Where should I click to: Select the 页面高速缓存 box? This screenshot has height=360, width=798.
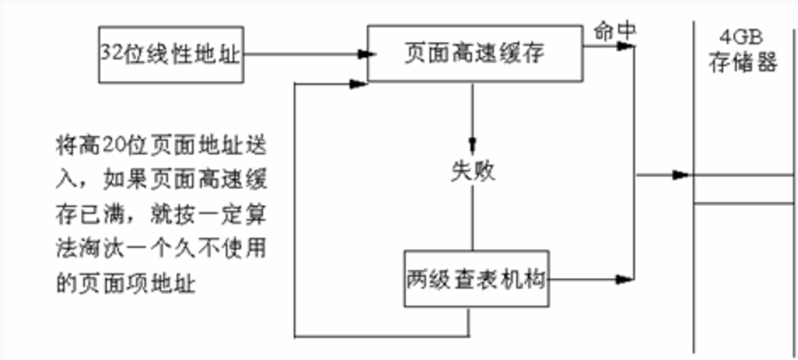coord(474,53)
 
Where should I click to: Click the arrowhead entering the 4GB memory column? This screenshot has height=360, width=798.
coord(680,176)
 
